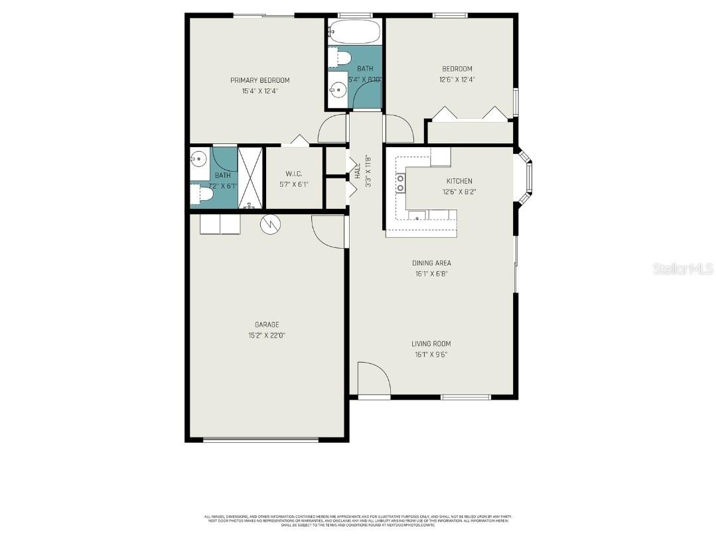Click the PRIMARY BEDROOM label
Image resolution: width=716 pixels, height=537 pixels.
[259, 80]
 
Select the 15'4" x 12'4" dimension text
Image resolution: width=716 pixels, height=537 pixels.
[259, 91]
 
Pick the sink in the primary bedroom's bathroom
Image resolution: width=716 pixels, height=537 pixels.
[198, 158]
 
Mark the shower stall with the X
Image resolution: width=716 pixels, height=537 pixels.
[250, 178]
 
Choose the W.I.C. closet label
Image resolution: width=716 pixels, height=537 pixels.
[293, 174]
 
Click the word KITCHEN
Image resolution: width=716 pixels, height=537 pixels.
[459, 181]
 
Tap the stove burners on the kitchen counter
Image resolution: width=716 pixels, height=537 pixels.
[401, 183]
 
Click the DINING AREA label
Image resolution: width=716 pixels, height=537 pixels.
[431, 263]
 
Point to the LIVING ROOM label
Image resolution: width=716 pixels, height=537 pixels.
[431, 343]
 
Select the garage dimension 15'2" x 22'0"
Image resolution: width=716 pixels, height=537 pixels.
[267, 335]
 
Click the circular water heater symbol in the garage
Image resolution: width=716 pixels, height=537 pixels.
[271, 225]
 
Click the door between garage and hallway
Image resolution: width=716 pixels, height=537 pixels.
[328, 232]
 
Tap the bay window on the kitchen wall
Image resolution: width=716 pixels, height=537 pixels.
[526, 178]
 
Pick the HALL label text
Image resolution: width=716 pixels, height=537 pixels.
[357, 172]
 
